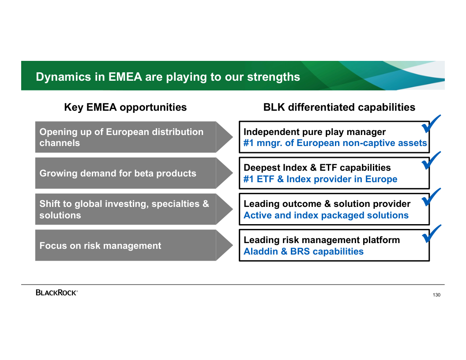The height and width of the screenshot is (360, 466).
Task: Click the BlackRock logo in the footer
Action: coord(56,292)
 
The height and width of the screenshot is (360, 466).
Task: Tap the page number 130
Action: coord(436,295)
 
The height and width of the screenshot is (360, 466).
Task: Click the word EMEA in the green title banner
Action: coord(125,77)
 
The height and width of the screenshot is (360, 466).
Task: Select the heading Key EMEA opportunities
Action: coord(125,107)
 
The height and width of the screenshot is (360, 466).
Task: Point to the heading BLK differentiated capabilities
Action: coord(339,107)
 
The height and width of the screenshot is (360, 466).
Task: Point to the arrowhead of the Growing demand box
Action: coord(224,173)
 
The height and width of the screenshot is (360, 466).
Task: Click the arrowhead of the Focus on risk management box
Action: coord(224,245)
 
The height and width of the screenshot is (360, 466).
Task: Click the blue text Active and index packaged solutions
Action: coord(326,215)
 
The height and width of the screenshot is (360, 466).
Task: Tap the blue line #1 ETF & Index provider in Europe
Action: coord(320,179)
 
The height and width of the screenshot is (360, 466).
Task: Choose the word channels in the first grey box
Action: coord(60,143)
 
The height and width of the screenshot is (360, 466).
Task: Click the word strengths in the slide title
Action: coord(274,77)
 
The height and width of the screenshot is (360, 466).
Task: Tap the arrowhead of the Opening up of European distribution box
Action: coord(224,137)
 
